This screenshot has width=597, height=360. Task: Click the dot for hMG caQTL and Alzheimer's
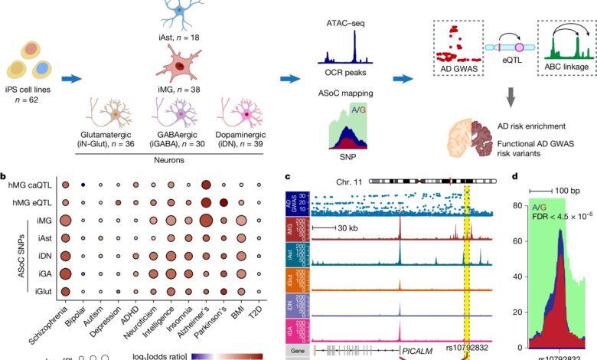(x=205, y=185)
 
